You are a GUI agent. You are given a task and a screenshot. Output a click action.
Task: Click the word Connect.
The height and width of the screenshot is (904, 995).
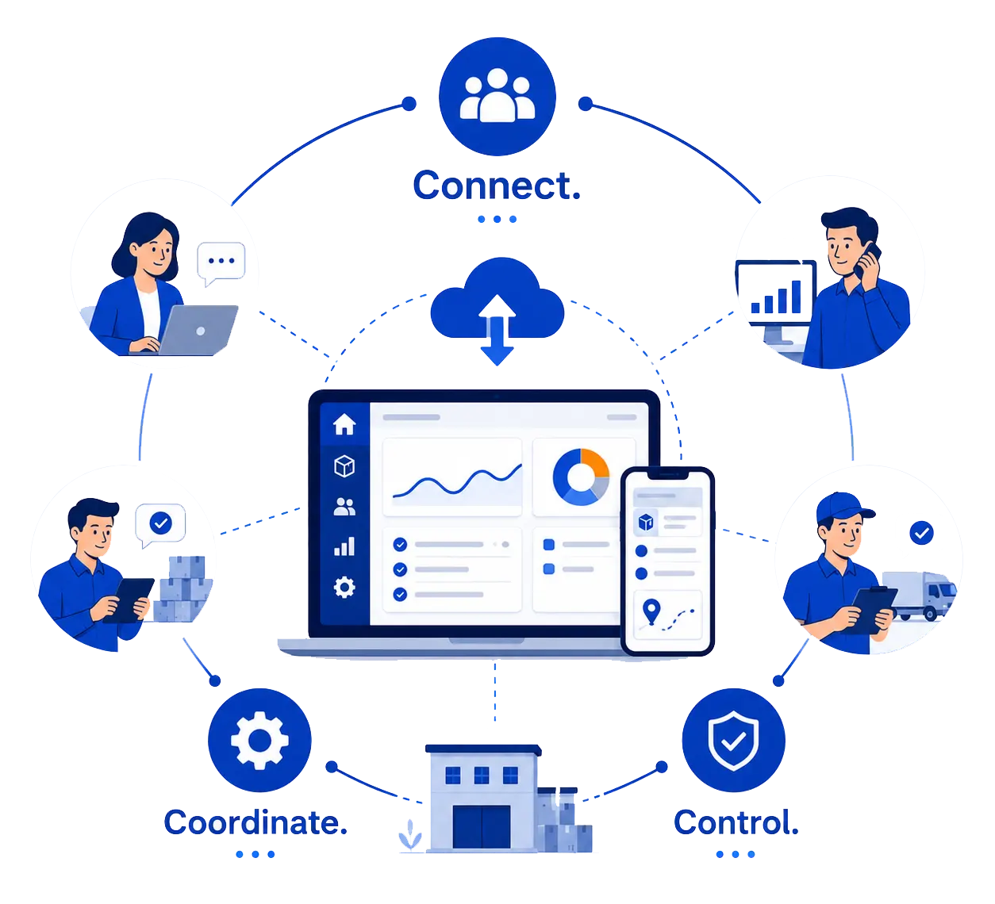[497, 186]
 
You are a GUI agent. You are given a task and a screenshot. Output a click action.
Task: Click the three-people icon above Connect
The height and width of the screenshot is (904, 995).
[497, 95]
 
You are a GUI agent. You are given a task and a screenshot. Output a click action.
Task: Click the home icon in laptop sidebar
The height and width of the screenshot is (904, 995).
[344, 424]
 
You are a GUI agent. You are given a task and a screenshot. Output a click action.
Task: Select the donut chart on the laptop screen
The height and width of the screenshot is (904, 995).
[581, 477]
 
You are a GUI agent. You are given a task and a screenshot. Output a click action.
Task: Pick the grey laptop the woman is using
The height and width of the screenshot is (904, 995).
[198, 330]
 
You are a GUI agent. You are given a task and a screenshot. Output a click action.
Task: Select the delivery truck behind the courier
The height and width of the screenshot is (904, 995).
[918, 596]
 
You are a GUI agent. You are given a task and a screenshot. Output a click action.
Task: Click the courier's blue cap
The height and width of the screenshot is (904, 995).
[843, 508]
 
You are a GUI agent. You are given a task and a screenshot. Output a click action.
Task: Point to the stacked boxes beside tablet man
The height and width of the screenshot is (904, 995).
[182, 589]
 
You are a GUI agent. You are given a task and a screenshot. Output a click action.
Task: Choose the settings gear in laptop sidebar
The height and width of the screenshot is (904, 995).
[344, 588]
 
